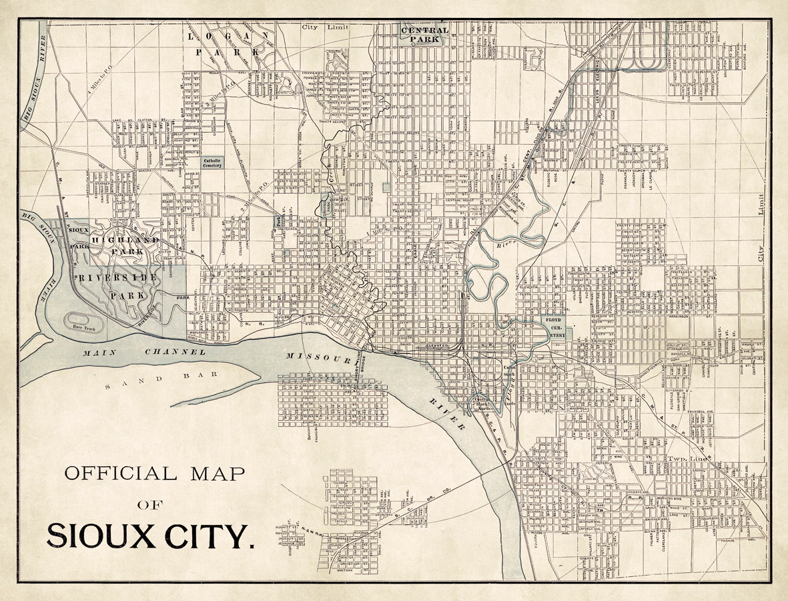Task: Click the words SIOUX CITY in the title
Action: pos(151,535)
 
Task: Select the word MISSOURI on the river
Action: pos(318,358)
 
